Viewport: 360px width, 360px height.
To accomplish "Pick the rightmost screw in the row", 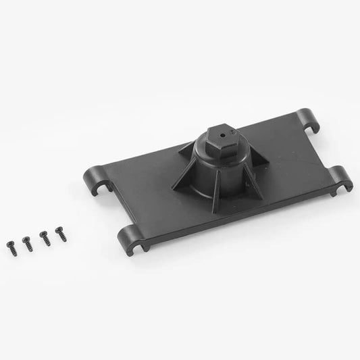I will coord(61,234).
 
